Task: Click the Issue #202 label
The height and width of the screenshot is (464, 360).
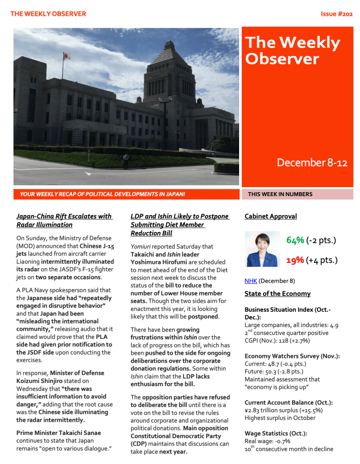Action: [336, 14]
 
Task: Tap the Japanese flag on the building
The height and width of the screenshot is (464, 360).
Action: [67, 57]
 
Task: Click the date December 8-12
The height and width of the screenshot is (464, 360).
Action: [312, 163]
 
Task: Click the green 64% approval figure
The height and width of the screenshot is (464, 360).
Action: [295, 240]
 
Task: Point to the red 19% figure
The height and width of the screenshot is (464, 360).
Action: [295, 260]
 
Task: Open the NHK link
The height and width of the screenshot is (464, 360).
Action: [250, 281]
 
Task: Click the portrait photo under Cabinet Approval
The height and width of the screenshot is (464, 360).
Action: [262, 249]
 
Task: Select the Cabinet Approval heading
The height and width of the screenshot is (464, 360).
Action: [271, 216]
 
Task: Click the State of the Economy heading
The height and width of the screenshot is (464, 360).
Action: [278, 294]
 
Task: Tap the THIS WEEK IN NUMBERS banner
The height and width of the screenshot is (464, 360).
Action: [280, 194]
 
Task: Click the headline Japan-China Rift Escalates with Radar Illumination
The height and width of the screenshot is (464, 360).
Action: [64, 220]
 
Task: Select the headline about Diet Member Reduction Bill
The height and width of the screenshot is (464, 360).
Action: [179, 225]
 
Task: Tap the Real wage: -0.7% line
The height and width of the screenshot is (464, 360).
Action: [267, 441]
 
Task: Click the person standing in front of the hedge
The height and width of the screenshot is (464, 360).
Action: [126, 161]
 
